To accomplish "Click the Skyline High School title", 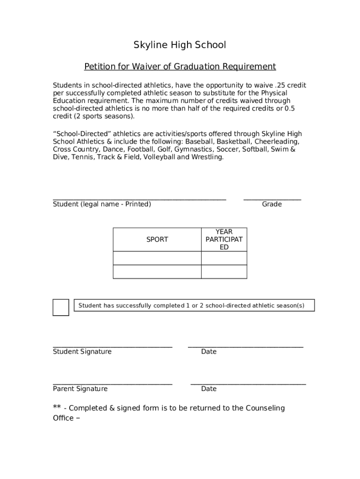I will coord(180,45).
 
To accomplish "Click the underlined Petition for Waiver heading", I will coord(180,66).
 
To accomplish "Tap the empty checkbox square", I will coord(61,307).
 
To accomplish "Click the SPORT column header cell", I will coord(157,239).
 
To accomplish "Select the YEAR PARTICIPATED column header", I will coord(224,239).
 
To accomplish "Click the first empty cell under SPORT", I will coord(157,258).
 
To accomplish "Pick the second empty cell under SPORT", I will coord(157,272).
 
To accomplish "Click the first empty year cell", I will coord(224,258).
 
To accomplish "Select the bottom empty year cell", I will coord(224,272).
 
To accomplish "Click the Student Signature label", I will coord(82,352).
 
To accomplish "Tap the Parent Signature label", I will coord(80,389).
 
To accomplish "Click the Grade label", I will coord(272,204).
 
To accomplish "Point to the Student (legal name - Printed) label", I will coord(102,204).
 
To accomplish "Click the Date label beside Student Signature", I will coord(209,352).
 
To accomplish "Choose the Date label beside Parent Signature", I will coord(209,389).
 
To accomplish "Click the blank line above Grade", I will coord(272,199).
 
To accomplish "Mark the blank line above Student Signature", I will coord(113,347).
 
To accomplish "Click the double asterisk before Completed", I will coord(57,407).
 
